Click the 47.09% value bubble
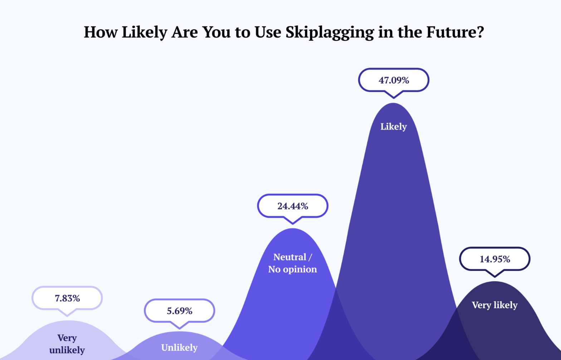[394, 80]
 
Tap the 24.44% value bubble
[293, 206]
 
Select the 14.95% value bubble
[495, 259]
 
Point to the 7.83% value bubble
[67, 298]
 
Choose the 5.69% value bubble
[180, 311]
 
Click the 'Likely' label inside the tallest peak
[394, 126]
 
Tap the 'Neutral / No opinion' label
[292, 263]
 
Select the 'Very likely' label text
[494, 305]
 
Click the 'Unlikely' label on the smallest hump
[179, 347]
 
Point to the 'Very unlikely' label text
[67, 344]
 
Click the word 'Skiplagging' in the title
[330, 32]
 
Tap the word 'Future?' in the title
[455, 32]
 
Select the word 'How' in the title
[101, 32]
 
